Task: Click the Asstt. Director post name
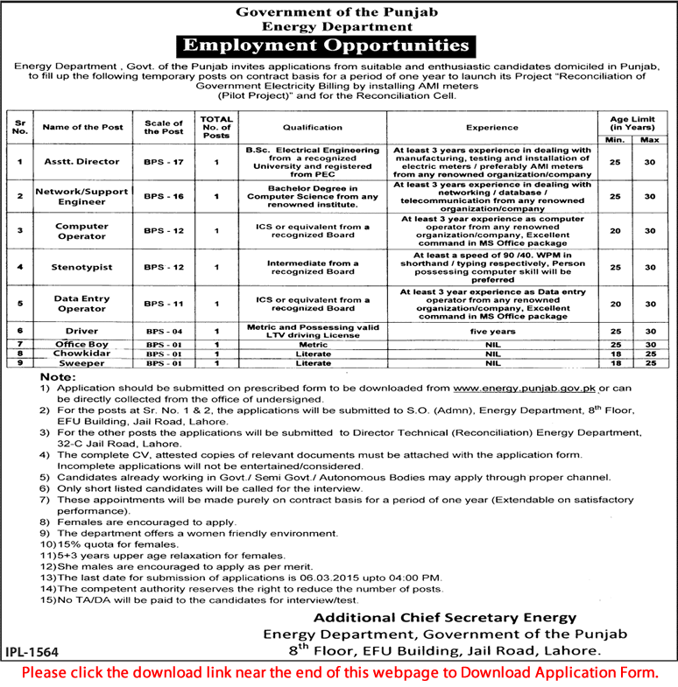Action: point(81,162)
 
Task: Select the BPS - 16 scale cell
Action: point(164,197)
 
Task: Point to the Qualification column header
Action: point(300,126)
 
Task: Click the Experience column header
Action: point(491,126)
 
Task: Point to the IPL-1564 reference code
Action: point(36,651)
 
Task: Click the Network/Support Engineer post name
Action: point(81,197)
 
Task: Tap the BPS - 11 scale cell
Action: point(164,303)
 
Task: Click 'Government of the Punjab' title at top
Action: point(337,11)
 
